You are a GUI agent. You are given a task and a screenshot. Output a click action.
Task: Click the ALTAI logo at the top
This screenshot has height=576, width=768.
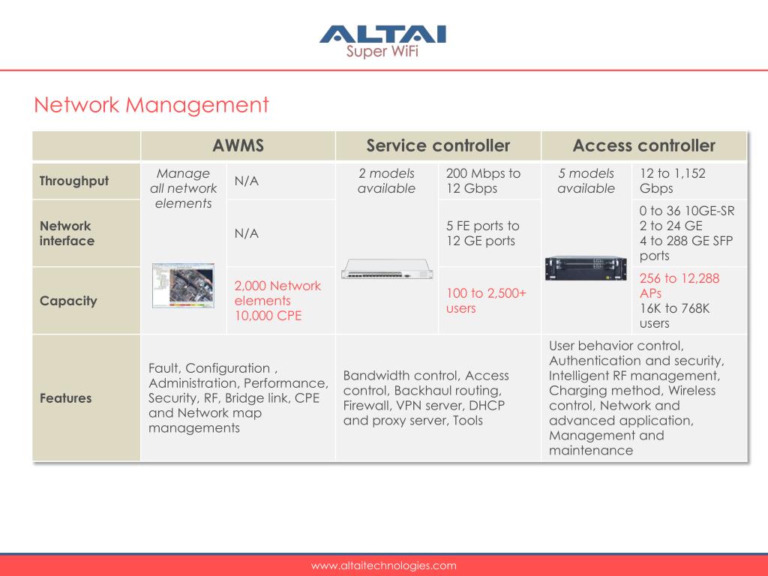(382, 41)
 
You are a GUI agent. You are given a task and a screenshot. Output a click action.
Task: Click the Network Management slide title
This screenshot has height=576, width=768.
(151, 105)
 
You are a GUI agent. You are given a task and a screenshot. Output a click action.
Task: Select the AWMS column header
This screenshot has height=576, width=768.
(238, 145)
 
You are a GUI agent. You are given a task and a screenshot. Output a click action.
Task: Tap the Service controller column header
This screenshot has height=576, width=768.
(438, 145)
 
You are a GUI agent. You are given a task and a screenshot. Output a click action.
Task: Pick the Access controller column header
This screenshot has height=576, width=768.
(644, 145)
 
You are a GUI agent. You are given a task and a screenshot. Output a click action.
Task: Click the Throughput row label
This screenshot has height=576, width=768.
(74, 181)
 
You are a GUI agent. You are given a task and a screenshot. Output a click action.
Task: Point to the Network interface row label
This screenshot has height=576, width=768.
(67, 233)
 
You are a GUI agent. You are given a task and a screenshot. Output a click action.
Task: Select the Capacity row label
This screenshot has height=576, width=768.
(68, 301)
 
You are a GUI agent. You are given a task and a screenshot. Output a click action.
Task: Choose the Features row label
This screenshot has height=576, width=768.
(66, 398)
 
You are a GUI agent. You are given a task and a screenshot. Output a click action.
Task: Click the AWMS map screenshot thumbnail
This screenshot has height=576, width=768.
(183, 286)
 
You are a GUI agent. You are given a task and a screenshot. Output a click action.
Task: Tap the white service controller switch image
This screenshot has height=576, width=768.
(387, 269)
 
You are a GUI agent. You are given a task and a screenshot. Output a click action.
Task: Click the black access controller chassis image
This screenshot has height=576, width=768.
(586, 268)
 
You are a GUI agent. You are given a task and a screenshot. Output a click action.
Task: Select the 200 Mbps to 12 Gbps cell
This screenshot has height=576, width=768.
(483, 181)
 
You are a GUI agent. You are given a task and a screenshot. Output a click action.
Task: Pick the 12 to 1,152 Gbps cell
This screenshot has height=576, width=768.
(673, 181)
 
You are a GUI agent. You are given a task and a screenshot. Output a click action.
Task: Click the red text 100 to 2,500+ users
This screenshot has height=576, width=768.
(486, 301)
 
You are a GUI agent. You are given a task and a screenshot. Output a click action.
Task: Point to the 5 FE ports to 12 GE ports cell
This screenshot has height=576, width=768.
(482, 233)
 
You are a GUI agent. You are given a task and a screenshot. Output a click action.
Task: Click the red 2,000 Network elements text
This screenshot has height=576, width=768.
(277, 293)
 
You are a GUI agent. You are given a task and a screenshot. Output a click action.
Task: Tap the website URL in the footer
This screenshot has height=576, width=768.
(383, 565)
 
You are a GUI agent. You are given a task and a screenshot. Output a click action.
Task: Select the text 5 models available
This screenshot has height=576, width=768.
(586, 181)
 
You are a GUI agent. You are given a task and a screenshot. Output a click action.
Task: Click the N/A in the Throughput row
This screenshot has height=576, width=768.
(246, 181)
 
